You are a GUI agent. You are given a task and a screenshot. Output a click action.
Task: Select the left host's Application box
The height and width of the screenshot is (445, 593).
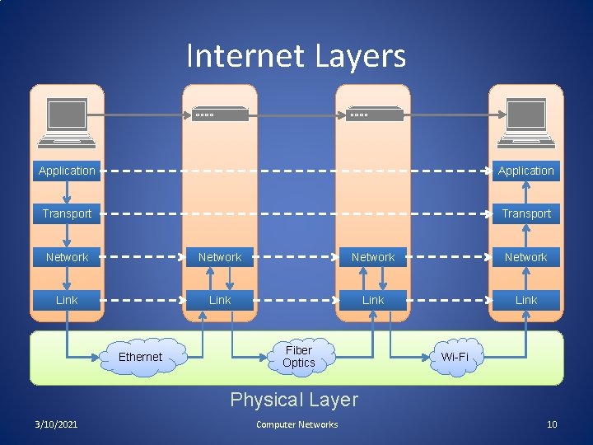click(67, 171)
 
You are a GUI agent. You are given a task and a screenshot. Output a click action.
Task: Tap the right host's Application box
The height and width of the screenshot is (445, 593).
click(525, 171)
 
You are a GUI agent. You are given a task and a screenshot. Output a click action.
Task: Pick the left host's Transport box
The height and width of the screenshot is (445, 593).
click(67, 213)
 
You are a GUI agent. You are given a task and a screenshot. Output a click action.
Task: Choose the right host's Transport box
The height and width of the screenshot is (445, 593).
click(525, 213)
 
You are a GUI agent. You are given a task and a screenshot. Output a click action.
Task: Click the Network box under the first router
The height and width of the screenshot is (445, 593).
click(220, 257)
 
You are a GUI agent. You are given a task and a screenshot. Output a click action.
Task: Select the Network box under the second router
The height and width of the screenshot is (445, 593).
click(373, 257)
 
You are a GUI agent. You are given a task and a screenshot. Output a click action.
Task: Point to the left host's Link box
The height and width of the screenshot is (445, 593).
click(67, 300)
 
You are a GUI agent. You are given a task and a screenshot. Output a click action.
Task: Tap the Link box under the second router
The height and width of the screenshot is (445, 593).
click(373, 300)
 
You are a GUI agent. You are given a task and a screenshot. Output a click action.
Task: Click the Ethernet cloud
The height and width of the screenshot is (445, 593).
click(141, 357)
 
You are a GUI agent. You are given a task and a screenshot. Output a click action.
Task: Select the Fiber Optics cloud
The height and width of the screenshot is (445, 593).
click(299, 357)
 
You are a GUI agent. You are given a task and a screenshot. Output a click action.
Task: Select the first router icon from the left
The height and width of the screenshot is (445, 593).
click(220, 114)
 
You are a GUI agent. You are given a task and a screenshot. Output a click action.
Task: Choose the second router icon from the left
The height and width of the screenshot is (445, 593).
click(373, 114)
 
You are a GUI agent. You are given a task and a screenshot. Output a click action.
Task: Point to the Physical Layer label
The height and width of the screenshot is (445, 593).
click(294, 400)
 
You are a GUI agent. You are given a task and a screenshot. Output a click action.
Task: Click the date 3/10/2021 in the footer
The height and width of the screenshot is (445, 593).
click(57, 424)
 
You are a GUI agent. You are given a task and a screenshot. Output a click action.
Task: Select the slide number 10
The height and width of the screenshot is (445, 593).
click(552, 424)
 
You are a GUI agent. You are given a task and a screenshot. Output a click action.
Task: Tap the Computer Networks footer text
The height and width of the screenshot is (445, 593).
click(296, 424)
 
